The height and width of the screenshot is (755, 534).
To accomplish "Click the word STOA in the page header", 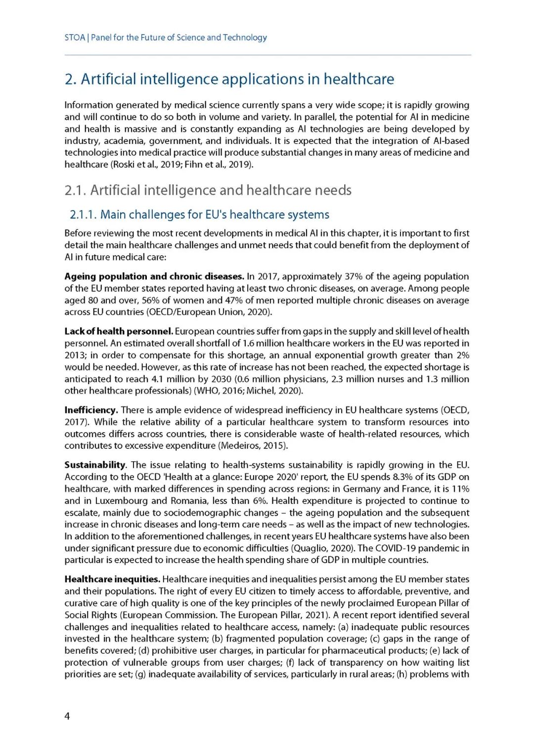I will [75, 38].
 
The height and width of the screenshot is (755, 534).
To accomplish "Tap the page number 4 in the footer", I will [67, 716].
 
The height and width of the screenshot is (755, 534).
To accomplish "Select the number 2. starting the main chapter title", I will [71, 79].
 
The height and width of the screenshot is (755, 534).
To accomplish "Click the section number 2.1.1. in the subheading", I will [83, 215].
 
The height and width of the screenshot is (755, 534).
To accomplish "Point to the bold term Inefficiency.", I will [91, 410].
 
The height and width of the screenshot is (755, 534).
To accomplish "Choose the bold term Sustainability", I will [95, 465].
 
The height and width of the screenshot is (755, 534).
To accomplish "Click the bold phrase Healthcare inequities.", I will [112, 579].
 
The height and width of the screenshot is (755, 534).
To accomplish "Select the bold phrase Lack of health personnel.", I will [119, 331].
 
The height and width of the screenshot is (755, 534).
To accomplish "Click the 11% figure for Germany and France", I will [460, 489].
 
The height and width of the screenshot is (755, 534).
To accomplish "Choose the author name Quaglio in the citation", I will [311, 548].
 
